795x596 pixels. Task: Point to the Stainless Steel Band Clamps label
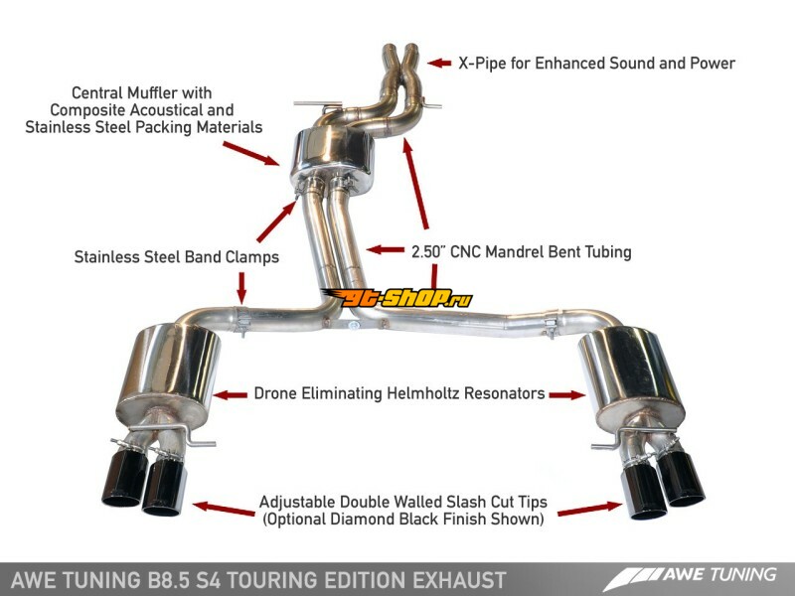tap(176, 256)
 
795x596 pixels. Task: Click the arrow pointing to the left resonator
tap(231, 394)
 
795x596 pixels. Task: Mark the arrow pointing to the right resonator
tap(568, 394)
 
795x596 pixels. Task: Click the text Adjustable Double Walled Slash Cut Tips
tap(402, 502)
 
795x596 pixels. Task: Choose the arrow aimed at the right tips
tap(585, 509)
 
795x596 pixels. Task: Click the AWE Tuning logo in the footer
tap(697, 575)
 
